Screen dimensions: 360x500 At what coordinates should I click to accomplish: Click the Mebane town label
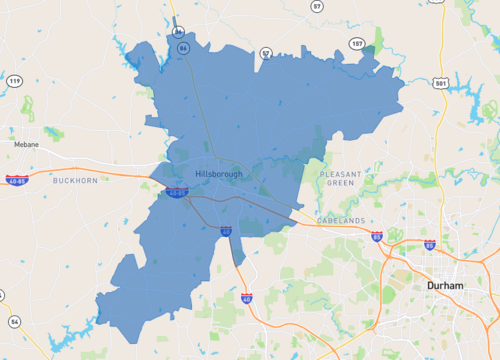coord(27,144)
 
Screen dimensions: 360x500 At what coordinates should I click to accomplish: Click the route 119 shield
coord(14,80)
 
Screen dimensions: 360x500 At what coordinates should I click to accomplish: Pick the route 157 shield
coord(357,43)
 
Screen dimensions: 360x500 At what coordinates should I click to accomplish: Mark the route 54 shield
coord(15,320)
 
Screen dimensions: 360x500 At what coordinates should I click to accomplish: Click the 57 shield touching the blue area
coord(266,53)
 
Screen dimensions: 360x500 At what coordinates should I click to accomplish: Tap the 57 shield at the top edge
coord(317,6)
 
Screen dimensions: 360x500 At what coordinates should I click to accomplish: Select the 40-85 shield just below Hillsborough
coord(177,192)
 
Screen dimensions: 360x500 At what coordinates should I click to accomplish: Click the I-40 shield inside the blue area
coord(226,231)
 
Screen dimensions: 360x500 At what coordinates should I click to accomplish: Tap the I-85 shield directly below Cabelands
coord(376,236)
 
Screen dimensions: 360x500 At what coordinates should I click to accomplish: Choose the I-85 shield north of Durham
coord(429,244)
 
